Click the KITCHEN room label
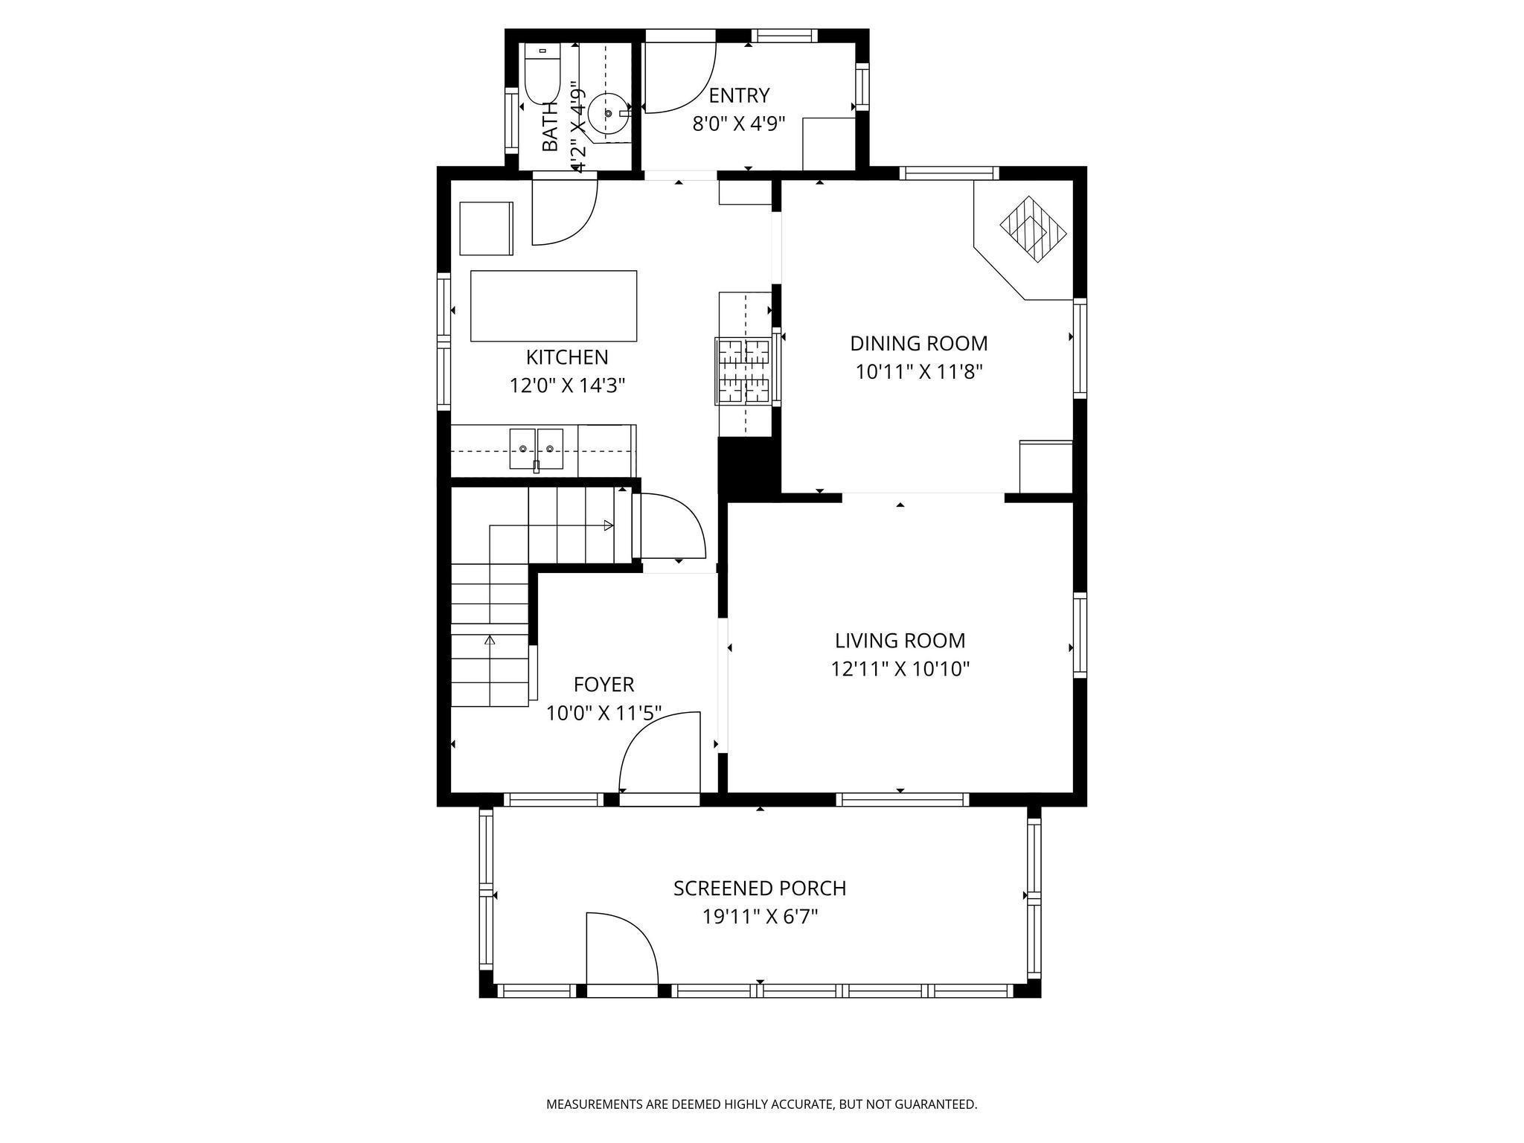tap(567, 357)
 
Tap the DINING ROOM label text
tap(919, 344)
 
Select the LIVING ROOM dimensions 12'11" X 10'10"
tap(900, 669)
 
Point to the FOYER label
tap(604, 685)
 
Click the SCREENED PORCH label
tap(760, 889)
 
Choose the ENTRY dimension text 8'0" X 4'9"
tap(739, 124)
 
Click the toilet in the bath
tap(542, 75)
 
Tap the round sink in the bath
tap(609, 114)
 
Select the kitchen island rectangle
tap(554, 306)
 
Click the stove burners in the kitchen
tap(743, 371)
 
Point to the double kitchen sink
tap(537, 449)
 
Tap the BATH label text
tap(550, 127)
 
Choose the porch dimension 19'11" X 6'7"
tap(760, 917)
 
